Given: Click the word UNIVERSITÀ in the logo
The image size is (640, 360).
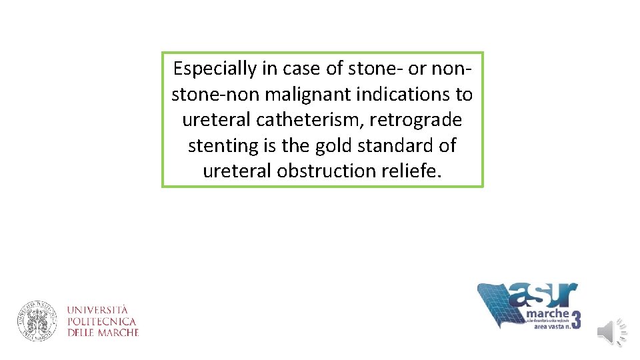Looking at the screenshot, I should point(97,310).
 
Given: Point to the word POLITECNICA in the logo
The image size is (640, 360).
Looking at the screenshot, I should point(101,321).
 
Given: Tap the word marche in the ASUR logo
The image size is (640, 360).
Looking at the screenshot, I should point(548,314).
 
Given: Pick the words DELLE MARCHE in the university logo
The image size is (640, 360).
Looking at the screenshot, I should point(103,332).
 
